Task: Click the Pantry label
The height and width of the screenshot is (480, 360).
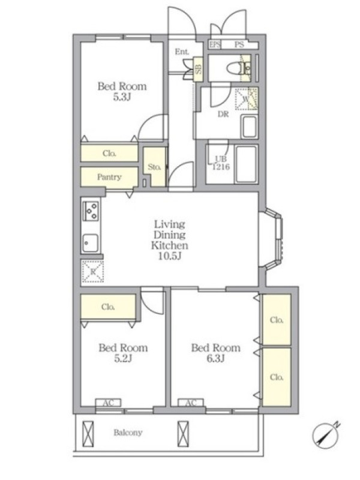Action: click(109, 176)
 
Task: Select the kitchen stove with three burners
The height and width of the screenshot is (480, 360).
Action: click(91, 211)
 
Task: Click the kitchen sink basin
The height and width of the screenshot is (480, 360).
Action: click(91, 243)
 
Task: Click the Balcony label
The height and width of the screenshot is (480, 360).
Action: click(128, 432)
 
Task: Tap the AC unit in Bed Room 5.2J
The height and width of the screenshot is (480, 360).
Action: click(109, 403)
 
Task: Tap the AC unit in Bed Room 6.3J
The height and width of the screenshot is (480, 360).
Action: click(191, 403)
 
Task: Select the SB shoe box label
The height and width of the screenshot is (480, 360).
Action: click(199, 69)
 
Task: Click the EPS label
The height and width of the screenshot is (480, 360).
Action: click(215, 44)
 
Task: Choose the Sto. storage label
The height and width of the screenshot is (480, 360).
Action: click(154, 167)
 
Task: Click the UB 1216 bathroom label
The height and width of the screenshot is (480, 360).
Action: click(221, 163)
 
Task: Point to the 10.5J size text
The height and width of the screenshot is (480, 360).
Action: click(170, 256)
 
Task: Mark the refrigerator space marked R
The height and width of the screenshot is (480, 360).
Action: click(93, 272)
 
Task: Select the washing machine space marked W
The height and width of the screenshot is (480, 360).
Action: click(246, 99)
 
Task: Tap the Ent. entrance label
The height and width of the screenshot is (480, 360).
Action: click(182, 52)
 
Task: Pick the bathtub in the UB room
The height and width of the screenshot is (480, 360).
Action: click(246, 164)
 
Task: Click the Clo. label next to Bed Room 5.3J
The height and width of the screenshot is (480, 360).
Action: click(109, 153)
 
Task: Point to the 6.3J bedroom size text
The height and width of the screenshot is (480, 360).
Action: click(215, 358)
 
